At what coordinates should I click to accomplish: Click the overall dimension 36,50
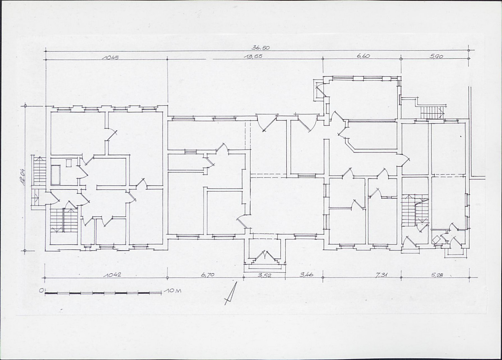pos(261,48)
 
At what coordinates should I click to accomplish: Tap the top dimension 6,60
pos(363,56)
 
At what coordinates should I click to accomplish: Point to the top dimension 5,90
pos(437,57)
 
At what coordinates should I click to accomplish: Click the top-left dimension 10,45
pos(110,58)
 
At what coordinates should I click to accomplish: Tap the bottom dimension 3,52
pos(264,275)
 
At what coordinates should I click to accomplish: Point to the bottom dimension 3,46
pos(306,275)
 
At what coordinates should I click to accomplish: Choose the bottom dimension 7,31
pos(381,275)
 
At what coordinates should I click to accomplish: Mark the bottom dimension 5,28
pos(437,275)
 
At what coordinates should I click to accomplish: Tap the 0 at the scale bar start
pos(41,290)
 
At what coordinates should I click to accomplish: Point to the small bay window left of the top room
pos(319,91)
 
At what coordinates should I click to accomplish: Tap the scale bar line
pos(103,293)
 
